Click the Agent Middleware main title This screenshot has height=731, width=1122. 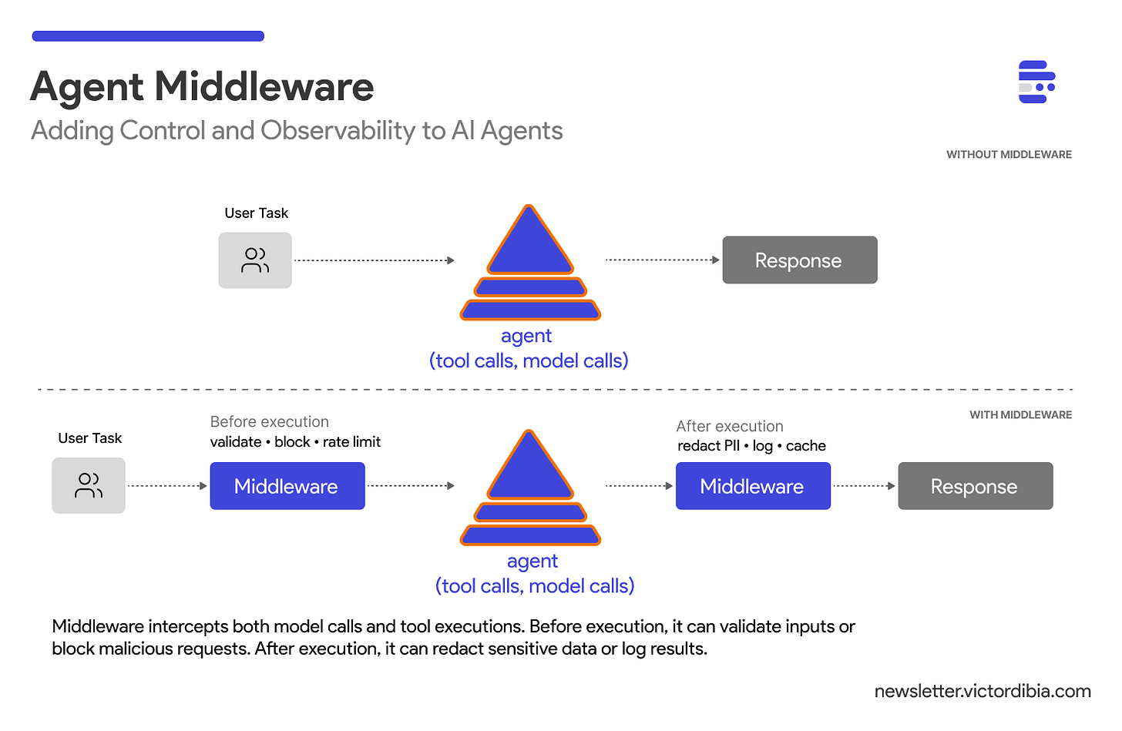click(x=202, y=86)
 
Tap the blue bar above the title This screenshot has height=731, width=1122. click(x=148, y=36)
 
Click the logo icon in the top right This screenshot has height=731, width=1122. click(x=1036, y=82)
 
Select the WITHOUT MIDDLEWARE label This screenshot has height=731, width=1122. click(x=1009, y=155)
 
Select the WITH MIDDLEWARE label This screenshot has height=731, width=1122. click(x=1020, y=415)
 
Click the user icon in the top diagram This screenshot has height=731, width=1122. click(x=255, y=260)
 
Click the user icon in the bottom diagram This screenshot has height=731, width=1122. click(x=89, y=485)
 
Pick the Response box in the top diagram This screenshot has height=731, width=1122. click(x=799, y=260)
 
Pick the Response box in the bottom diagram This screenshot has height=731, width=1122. click(x=975, y=486)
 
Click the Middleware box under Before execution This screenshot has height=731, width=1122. click(x=287, y=486)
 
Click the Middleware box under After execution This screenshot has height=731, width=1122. click(x=752, y=486)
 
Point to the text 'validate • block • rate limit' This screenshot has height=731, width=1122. click(x=295, y=442)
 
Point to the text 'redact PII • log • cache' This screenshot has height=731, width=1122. click(x=751, y=446)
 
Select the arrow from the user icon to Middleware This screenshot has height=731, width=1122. click(x=167, y=486)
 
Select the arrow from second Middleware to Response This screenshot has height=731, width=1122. click(x=864, y=486)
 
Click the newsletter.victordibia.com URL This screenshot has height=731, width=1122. click(x=983, y=691)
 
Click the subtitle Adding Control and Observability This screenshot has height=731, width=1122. click(x=297, y=131)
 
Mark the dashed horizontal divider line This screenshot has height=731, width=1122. click(x=555, y=390)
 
